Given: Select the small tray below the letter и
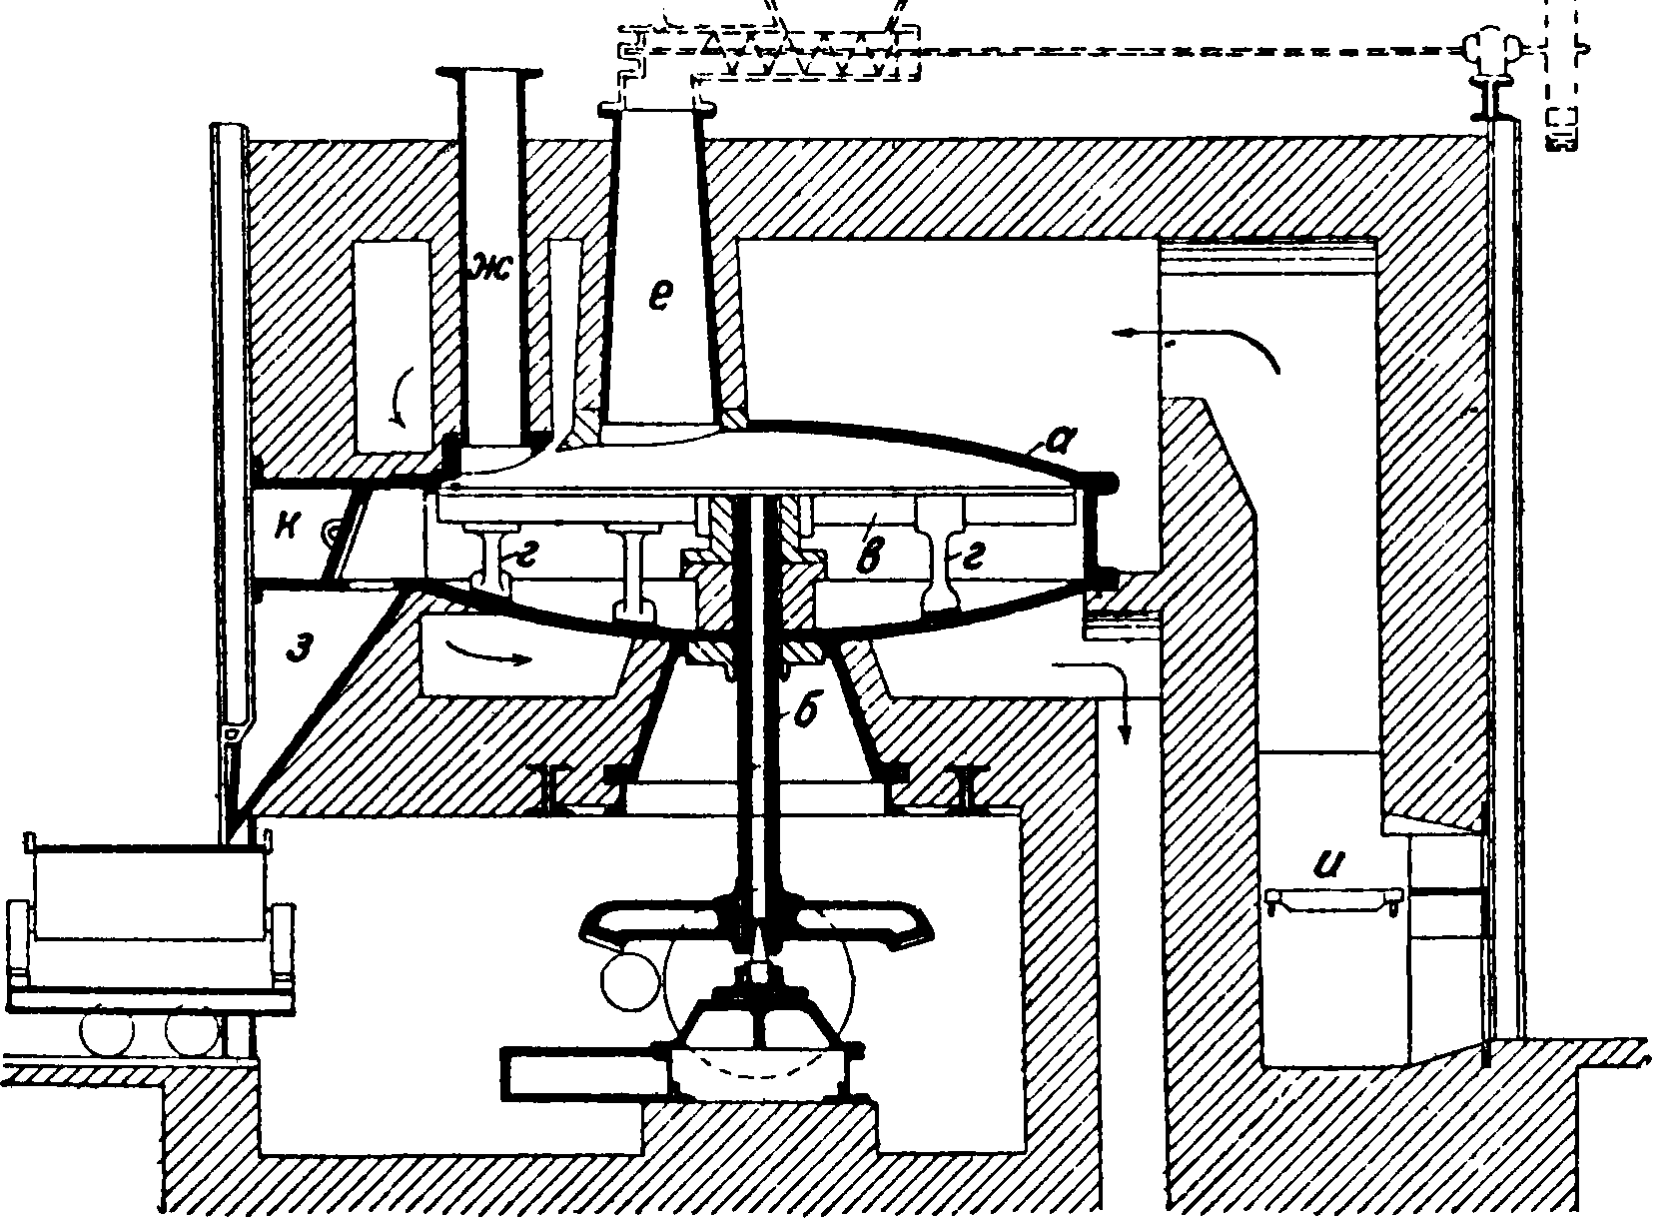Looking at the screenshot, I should click(x=1330, y=901).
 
